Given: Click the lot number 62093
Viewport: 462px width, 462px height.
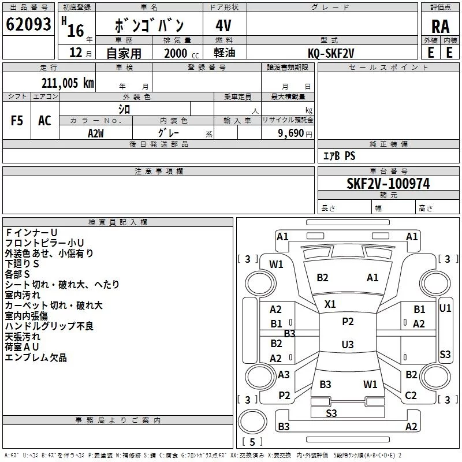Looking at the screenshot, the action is coord(28,24).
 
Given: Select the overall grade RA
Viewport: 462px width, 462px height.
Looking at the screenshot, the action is coord(441,27).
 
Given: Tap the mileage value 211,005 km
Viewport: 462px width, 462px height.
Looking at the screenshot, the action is coord(68,83).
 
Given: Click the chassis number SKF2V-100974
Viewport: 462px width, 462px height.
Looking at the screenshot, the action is coord(388,184).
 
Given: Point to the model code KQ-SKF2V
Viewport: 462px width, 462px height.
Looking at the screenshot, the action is coord(331,53).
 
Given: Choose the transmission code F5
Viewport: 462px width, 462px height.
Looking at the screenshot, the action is coord(17,121).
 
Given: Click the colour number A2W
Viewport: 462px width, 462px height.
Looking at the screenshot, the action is coord(96,133).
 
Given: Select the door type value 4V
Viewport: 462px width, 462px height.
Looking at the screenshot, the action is coord(223,25).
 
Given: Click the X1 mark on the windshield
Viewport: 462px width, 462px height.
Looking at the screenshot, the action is coord(330,304).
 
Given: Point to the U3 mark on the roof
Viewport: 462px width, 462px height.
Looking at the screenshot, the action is coord(348,344).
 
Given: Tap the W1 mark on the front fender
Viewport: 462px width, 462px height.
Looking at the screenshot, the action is coord(276,264).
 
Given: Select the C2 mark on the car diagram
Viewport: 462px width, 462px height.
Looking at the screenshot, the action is coord(411,396).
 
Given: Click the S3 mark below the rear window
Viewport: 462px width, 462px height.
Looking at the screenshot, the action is coord(331,413).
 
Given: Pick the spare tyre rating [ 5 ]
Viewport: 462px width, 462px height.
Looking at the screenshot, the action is coord(252,442).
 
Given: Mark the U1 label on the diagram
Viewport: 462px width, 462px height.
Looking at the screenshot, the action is coord(445,308).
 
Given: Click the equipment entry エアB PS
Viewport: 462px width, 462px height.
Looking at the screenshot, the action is coord(339,156).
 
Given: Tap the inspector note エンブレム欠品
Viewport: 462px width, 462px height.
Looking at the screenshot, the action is coord(36,357).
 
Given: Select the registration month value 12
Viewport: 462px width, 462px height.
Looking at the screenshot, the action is coord(76,53).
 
